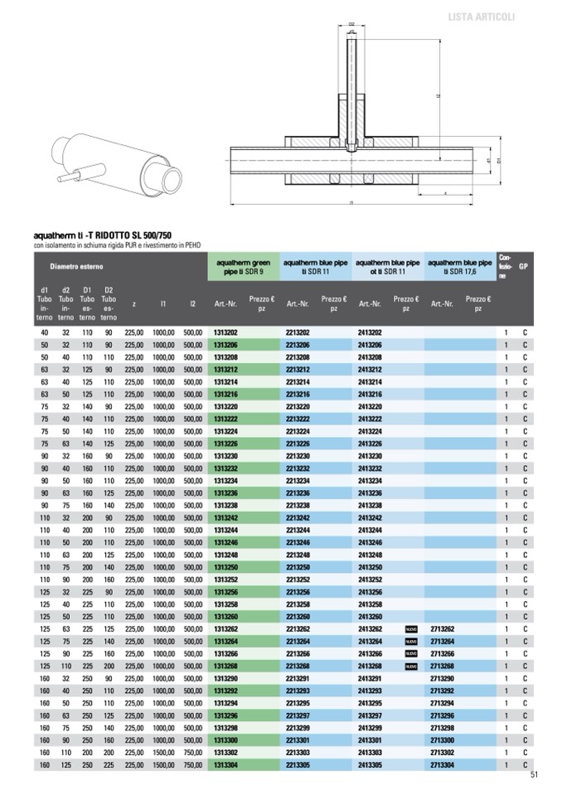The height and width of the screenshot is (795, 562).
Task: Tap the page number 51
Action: (x=535, y=776)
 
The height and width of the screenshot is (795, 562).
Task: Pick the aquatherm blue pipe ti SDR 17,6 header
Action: (x=461, y=267)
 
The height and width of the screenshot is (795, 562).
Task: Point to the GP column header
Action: (x=523, y=267)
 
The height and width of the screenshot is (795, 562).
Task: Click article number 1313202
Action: (x=226, y=332)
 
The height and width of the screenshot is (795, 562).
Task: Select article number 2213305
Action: (x=298, y=765)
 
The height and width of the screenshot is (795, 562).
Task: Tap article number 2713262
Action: (x=443, y=628)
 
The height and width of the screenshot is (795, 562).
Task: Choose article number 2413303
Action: (x=370, y=753)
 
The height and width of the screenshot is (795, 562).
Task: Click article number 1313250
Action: (x=226, y=567)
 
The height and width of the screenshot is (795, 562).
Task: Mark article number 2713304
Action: (x=443, y=765)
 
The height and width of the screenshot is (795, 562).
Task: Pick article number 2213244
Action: (x=298, y=530)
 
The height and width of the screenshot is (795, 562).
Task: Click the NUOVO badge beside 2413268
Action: (x=411, y=667)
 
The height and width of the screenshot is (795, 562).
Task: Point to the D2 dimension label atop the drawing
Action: (x=351, y=24)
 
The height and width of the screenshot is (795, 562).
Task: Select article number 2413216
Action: (x=370, y=395)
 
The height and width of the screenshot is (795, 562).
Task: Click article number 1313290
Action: (x=226, y=678)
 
